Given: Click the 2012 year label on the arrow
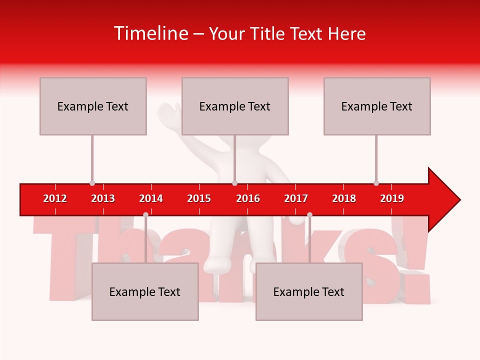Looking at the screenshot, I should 55,198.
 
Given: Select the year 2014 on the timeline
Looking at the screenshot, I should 151,198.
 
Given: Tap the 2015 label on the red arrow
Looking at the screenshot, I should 199,198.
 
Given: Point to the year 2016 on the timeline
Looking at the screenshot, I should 248,198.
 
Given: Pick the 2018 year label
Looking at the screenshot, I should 344,198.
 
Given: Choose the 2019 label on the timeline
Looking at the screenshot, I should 392,198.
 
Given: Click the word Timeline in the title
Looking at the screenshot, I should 150,33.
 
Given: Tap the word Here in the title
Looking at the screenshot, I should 346,33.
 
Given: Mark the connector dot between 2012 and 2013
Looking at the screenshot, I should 92,183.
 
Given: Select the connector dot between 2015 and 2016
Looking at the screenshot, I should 234,183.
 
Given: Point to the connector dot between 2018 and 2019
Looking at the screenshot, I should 376,183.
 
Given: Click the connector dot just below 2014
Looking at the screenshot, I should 145,214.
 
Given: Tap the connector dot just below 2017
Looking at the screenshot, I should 309,214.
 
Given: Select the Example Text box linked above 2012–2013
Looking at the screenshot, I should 93,106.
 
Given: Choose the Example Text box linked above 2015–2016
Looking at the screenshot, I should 235,106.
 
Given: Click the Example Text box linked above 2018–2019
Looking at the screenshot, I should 377,106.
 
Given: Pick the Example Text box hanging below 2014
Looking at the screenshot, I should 145,291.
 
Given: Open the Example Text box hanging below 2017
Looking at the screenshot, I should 309,291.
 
